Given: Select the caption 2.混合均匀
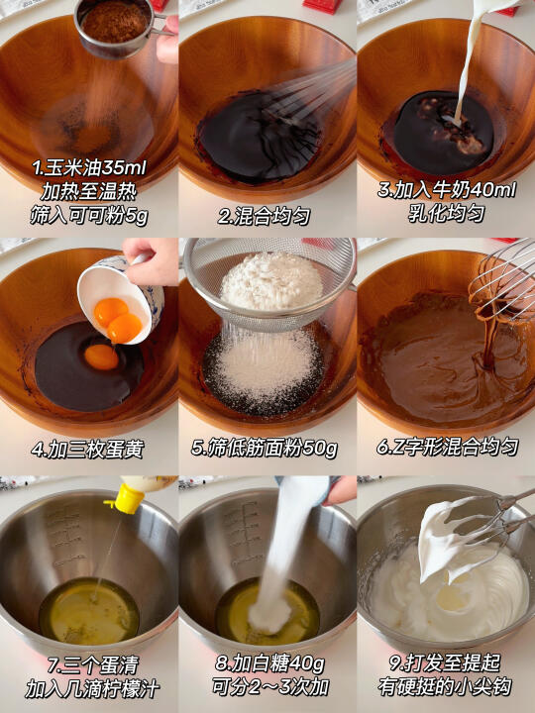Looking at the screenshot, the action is pos(264,217).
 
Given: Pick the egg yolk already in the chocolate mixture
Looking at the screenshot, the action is pos(101,356).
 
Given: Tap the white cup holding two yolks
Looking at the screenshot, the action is pos(119,299).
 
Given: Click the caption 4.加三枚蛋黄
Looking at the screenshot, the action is pos(87,450).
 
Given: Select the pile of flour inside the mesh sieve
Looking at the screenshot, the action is pos(271,281).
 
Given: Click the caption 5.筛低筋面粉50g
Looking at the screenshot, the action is pos(264,449).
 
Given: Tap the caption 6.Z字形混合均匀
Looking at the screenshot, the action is pos(447,448).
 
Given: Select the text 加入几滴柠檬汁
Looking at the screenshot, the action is pos(92,690).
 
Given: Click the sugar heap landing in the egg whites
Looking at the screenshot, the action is pos(269,614).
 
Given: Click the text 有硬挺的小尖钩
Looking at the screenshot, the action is pos(445,687).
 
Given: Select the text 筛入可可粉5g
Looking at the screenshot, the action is pos(89,217).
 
